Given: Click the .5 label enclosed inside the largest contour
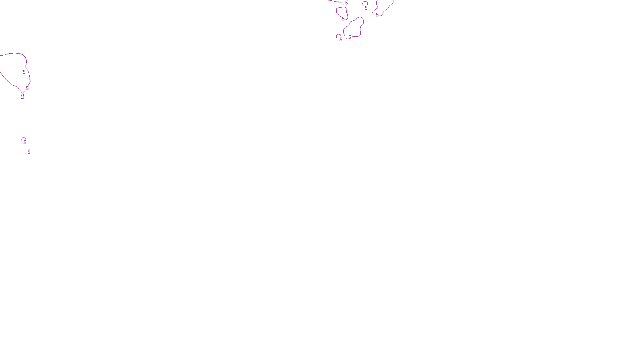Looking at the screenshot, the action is coord(24,72).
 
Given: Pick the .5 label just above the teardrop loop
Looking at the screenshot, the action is coord(27,88).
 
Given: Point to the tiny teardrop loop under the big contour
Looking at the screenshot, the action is coord(22,96).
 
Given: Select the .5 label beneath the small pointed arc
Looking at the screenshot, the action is coord(24,142).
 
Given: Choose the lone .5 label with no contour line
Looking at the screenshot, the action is coord(28,152).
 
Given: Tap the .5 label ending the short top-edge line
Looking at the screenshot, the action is coord(346,3).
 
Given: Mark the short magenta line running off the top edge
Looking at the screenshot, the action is coord(335,2).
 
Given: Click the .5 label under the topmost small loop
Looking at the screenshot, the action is coord(366,8).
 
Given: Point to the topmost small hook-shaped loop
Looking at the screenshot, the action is coord(365,3).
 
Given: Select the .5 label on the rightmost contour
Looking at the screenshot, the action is coord(377,15).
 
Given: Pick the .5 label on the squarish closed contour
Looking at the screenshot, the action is coord(343,19).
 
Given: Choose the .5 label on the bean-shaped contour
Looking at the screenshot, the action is coord(349,37).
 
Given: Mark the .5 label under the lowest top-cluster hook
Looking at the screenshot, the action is coord(340,40).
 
